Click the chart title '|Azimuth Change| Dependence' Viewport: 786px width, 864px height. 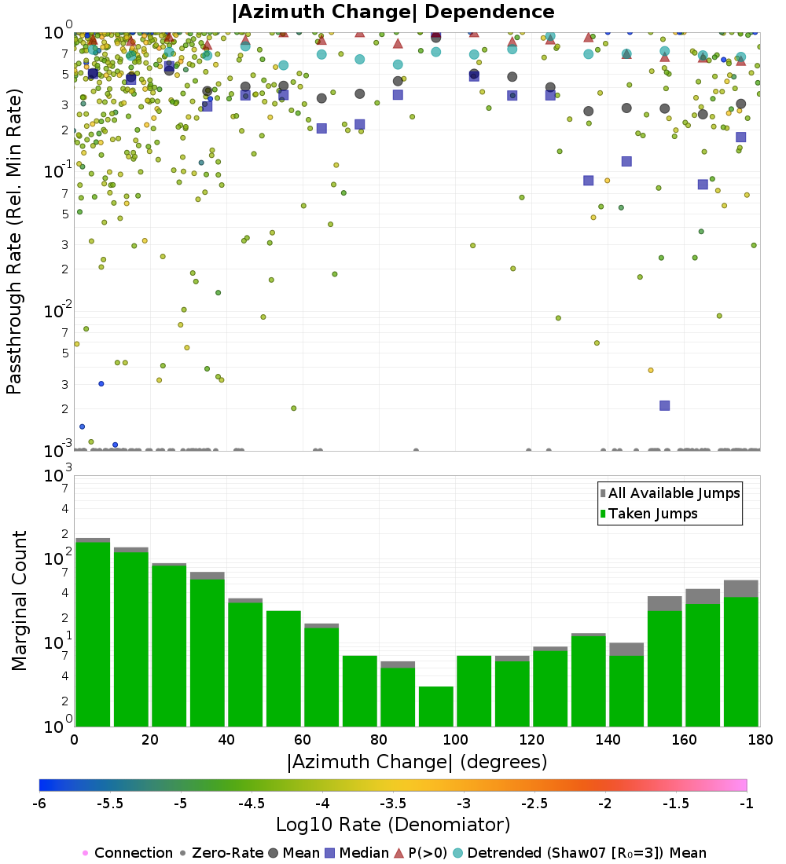tap(393, 13)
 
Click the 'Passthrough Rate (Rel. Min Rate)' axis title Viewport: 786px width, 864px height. tap(15, 241)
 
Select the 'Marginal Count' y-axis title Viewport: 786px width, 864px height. tap(19, 601)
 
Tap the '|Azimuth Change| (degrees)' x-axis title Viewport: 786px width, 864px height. tap(417, 762)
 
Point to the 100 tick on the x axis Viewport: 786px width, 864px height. tap(455, 740)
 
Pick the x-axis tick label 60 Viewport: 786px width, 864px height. tap(303, 740)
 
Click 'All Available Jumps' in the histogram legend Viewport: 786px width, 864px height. tap(674, 493)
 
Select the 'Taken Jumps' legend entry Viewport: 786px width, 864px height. tap(653, 514)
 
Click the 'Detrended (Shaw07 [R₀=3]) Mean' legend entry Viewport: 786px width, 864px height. tap(586, 853)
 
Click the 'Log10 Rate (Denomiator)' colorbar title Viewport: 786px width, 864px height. tap(393, 826)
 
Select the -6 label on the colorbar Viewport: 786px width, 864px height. tap(39, 804)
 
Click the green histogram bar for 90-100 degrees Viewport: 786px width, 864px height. tap(435, 706)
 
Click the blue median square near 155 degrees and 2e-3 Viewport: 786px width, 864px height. tap(664, 405)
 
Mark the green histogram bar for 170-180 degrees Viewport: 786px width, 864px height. tap(740, 661)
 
